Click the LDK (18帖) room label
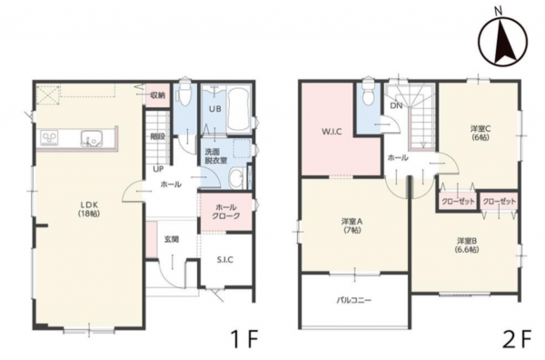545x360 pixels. point(89,209)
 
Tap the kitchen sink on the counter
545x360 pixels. point(91,138)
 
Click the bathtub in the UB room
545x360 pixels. point(238,110)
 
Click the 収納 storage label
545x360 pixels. point(157,95)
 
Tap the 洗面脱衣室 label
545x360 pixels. point(215,156)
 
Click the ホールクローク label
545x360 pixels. point(226,212)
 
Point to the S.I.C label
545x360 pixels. point(225,259)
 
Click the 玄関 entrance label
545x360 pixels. point(172,239)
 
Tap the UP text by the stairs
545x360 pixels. point(158,170)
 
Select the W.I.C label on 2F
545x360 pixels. point(332,132)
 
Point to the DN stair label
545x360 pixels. point(396,105)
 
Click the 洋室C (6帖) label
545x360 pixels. point(480,133)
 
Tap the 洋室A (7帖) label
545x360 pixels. point(352,225)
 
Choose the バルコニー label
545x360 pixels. point(354,300)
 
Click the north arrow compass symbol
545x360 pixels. point(502,42)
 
